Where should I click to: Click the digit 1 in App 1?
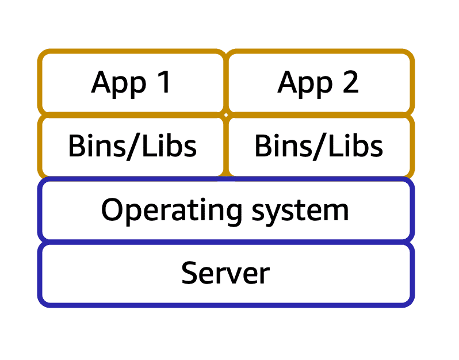tap(164, 82)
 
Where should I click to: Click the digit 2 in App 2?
tap(350, 82)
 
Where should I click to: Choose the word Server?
tap(225, 273)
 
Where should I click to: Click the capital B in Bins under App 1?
tap(76, 146)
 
